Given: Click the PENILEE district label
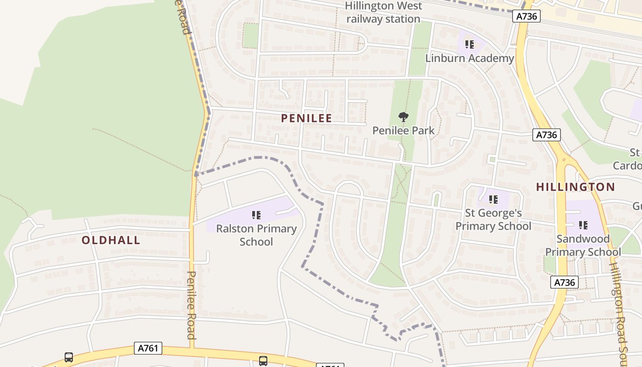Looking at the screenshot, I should coord(306,118).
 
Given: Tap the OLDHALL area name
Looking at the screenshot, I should coord(111,240).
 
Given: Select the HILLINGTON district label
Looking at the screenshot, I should coord(576,187).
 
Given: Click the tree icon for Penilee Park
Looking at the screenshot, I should coord(404,117).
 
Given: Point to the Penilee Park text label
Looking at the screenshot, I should coord(404,130).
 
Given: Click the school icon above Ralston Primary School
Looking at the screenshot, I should coord(256,215).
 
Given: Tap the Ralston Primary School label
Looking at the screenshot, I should coord(256,235).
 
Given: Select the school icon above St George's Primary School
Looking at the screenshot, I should coord(493,200).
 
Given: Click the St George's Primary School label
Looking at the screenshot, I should coord(493,219).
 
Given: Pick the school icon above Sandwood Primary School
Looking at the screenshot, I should coord(583,225).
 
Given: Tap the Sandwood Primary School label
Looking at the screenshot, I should coord(583,245).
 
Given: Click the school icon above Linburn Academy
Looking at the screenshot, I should coord(470,44).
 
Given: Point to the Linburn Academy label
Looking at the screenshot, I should coord(470,58).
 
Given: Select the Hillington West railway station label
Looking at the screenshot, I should coord(383,12).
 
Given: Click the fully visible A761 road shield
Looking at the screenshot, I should coord(149,348).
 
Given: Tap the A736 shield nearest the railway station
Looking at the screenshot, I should coord(526,17).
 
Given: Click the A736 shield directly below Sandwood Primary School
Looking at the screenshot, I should coord(564,282).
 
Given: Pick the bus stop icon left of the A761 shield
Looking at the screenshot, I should coord(69,357).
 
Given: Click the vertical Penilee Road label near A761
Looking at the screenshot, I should coord(192,305).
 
